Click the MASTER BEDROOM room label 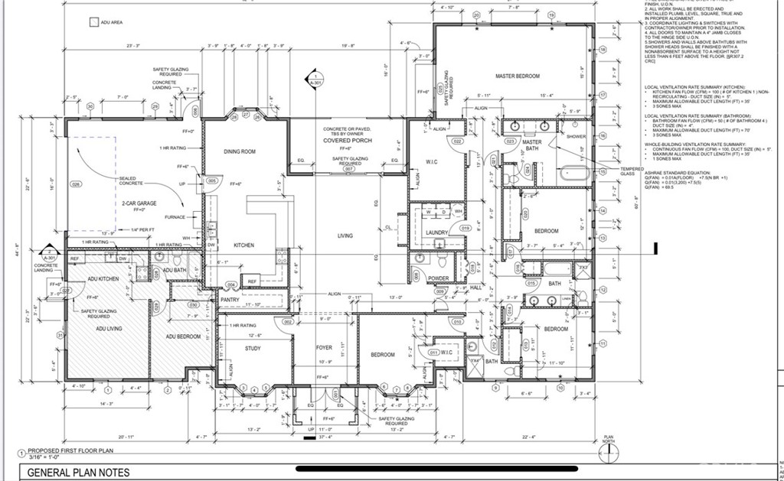[518, 76]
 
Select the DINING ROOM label [239, 151]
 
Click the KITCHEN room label [243, 245]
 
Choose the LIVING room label [345, 236]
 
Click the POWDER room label [438, 278]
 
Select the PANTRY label [230, 301]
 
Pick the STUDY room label [253, 349]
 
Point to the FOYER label [325, 348]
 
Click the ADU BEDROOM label [184, 336]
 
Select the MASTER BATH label [532, 145]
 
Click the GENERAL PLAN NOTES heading [78, 473]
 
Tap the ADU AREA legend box [94, 24]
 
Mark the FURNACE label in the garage [175, 217]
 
